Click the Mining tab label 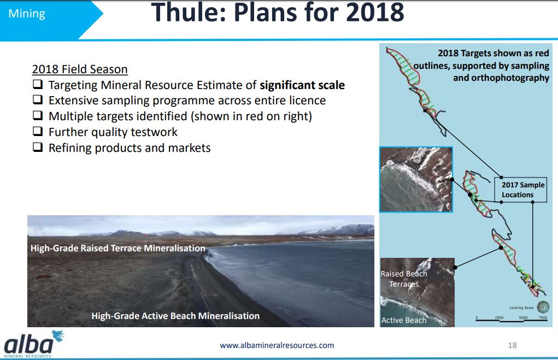27,14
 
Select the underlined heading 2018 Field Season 80,69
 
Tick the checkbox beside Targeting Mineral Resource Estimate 38,84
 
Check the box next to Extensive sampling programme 38,100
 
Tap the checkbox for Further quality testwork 38,131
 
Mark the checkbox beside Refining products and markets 38,147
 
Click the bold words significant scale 302,85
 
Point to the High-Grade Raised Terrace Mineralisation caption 118,248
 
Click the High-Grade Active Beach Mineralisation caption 175,316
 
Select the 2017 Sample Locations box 521,190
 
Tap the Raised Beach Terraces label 403,279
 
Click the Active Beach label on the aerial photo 403,320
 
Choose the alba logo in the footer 33,344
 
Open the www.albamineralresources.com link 277,345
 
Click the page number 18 512,345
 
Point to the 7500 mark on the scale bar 543,317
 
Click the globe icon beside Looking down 543,307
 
